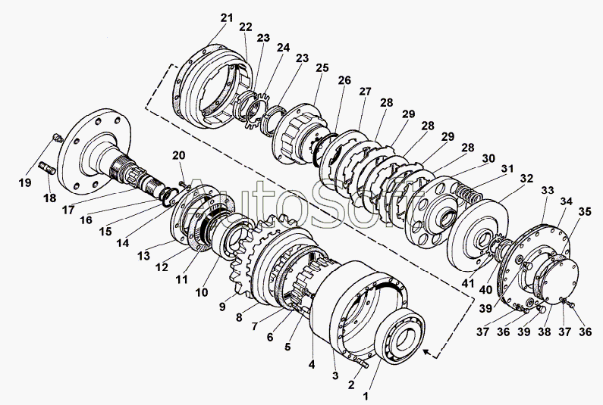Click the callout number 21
click(x=227, y=17)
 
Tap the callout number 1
click(x=366, y=396)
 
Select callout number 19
click(x=25, y=182)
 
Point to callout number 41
click(x=468, y=283)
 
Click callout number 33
click(x=547, y=190)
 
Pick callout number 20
click(x=178, y=155)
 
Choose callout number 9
click(x=222, y=307)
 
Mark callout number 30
click(x=488, y=158)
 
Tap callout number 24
click(x=283, y=48)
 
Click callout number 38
click(x=545, y=332)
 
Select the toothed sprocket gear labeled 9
click(x=265, y=257)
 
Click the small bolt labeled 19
click(x=58, y=138)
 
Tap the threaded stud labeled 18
click(x=48, y=168)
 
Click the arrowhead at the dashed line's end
click(x=427, y=350)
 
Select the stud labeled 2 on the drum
click(x=363, y=362)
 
